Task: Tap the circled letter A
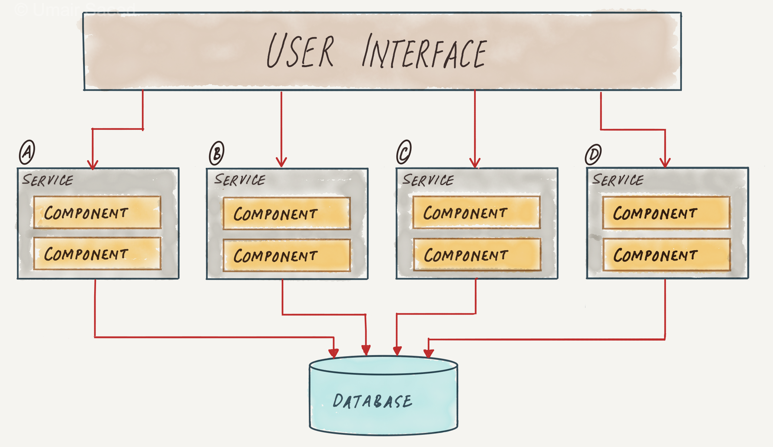[x=27, y=152]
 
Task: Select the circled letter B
[x=217, y=153]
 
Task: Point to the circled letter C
[x=404, y=152]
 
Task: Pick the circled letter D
[x=593, y=154]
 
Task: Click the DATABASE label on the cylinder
[x=372, y=401]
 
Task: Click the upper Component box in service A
[x=97, y=212]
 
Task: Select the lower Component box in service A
[x=97, y=254]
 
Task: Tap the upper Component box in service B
[x=287, y=213]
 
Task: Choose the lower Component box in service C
[x=477, y=255]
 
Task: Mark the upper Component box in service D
[x=666, y=213]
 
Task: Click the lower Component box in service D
[x=666, y=255]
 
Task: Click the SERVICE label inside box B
[x=240, y=180]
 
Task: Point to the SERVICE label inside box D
[x=618, y=180]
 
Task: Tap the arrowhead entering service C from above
[x=475, y=163]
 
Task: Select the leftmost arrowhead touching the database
[x=334, y=353]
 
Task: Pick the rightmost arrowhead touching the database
[x=429, y=353]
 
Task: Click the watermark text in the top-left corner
[x=74, y=9]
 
